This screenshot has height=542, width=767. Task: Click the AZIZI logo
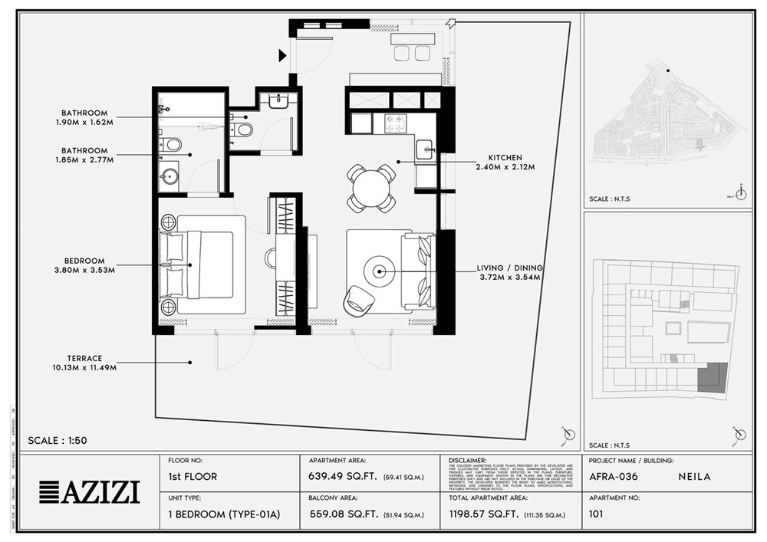[x=90, y=491]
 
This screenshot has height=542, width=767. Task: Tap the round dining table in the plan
[x=371, y=188]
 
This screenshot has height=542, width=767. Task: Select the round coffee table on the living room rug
[x=380, y=270]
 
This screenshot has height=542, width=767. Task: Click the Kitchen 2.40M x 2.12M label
[x=505, y=161]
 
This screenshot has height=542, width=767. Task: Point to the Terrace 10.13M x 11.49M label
[x=84, y=363]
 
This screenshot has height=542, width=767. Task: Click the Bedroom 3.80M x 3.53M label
[x=84, y=265]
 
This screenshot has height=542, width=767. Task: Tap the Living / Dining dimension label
[x=510, y=272]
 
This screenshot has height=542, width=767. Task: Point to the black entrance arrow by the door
[x=282, y=54]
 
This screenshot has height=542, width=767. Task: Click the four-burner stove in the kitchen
[x=395, y=122]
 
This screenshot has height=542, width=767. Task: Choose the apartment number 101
[x=596, y=514]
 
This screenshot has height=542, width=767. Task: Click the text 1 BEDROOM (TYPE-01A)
[x=223, y=514]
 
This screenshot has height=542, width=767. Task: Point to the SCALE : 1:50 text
[x=58, y=441]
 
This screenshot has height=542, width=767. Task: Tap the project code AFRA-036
[x=613, y=476]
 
